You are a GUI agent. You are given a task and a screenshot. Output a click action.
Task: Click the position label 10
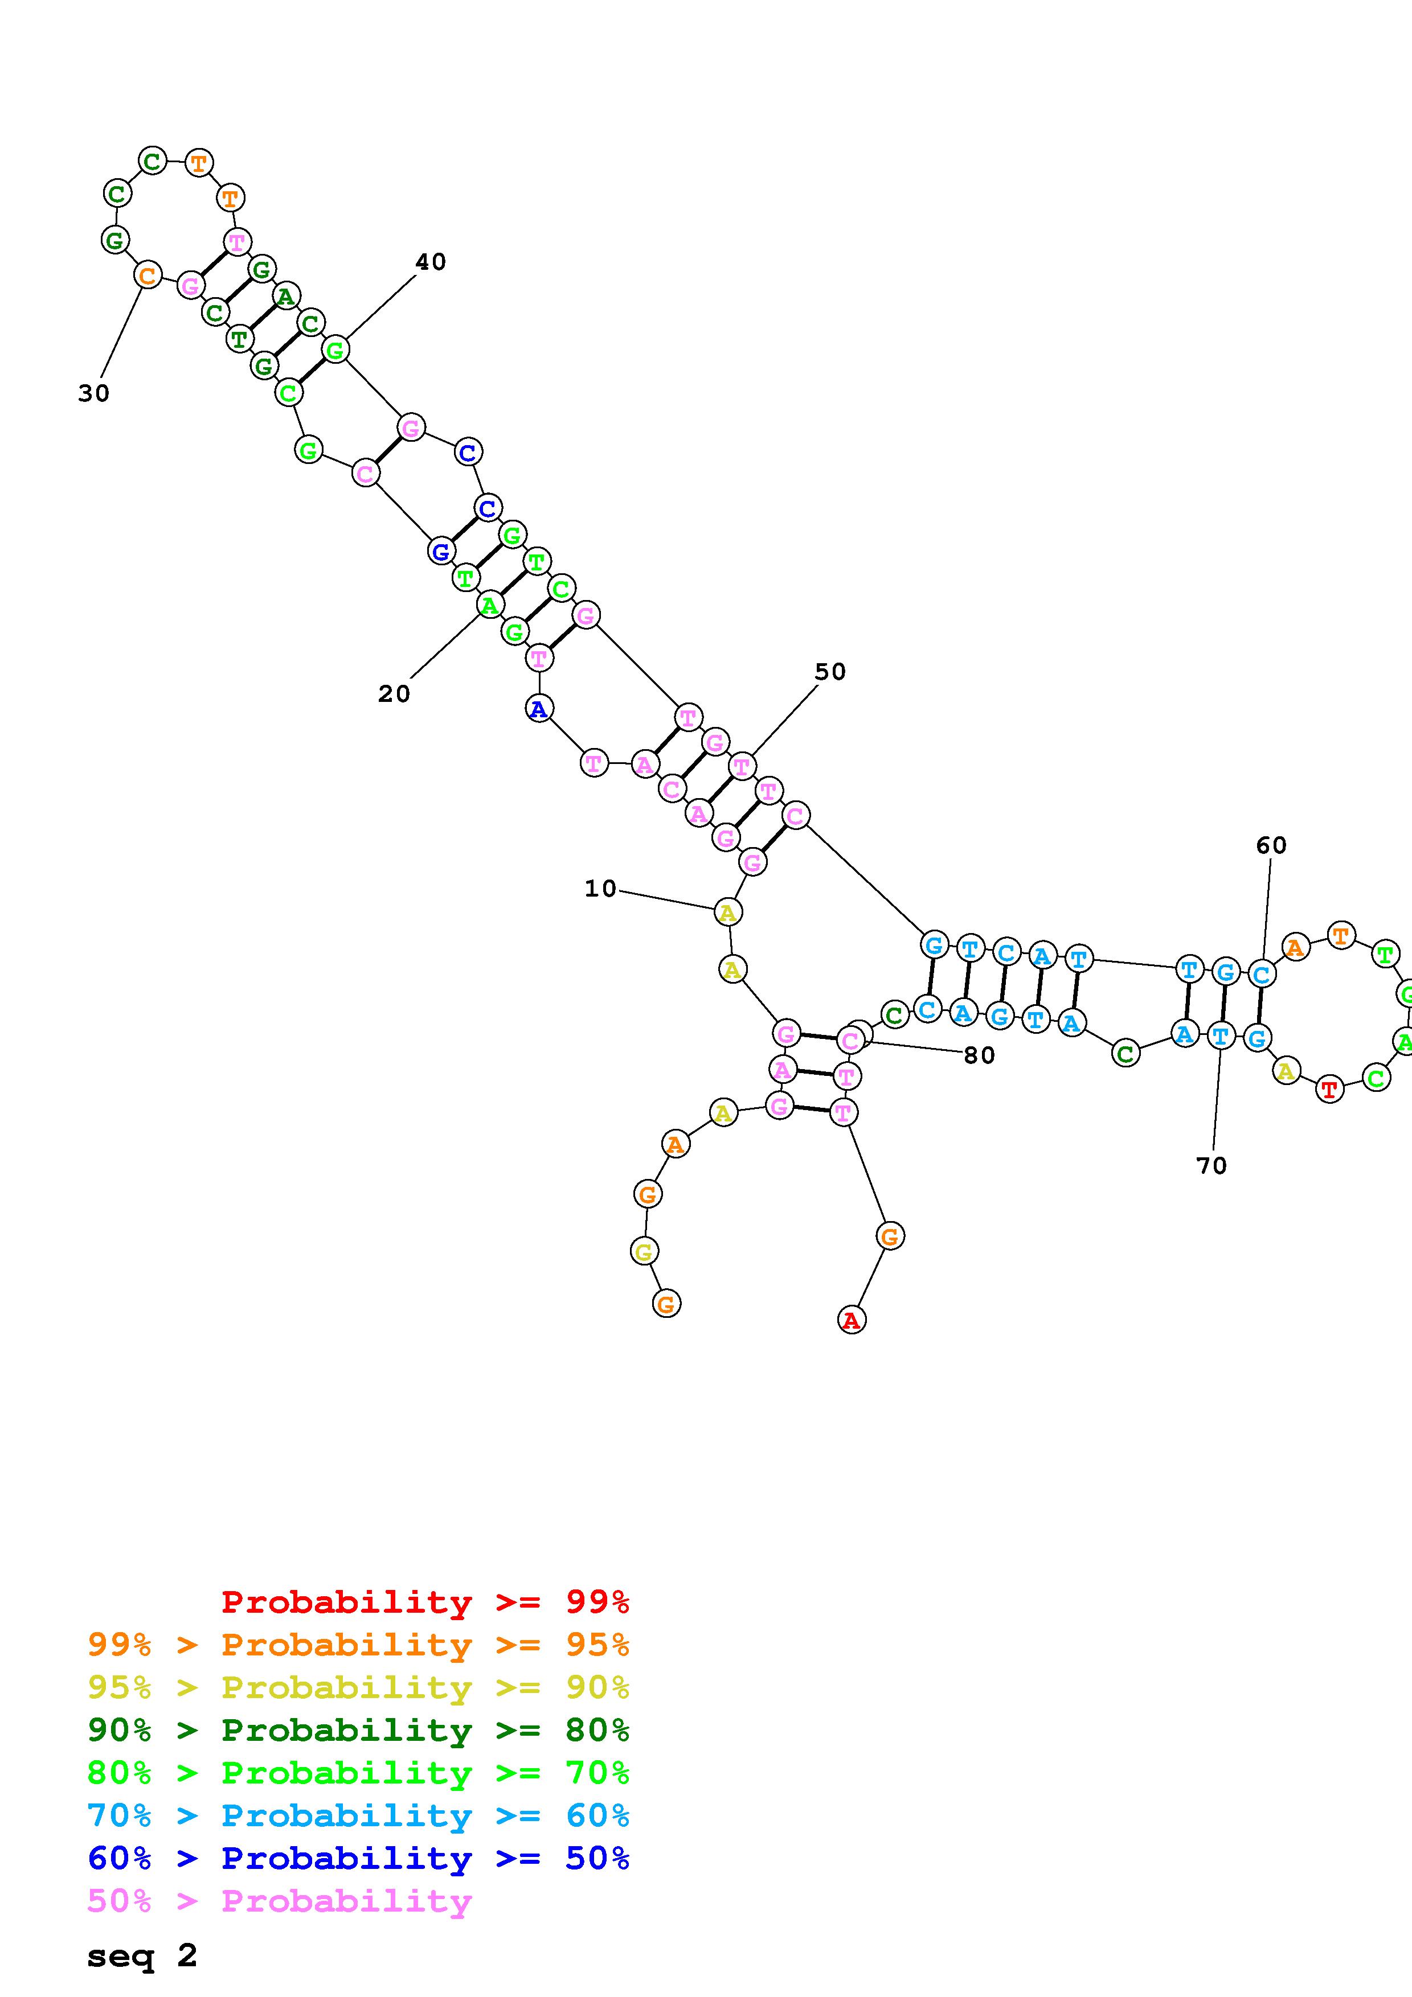pyautogui.click(x=599, y=889)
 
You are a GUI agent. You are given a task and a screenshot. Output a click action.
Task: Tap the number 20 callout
pyautogui.click(x=393, y=694)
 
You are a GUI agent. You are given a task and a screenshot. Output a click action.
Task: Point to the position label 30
pyautogui.click(x=94, y=394)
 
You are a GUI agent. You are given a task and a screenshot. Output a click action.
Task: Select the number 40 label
pyautogui.click(x=431, y=262)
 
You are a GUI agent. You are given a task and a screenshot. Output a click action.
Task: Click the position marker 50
pyautogui.click(x=830, y=672)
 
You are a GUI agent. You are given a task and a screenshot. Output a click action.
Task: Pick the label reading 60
pyautogui.click(x=1271, y=845)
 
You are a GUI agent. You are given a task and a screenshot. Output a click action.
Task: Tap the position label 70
pyautogui.click(x=1211, y=1165)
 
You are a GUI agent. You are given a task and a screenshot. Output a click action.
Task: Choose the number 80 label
pyautogui.click(x=979, y=1055)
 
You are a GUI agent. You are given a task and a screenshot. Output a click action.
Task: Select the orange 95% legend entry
pyautogui.click(x=358, y=1645)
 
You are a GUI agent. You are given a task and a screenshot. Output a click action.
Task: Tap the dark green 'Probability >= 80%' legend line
pyautogui.click(x=358, y=1730)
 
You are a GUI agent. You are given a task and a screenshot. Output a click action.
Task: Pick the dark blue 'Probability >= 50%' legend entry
pyautogui.click(x=358, y=1858)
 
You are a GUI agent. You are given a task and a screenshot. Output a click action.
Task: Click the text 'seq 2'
pyautogui.click(x=142, y=1956)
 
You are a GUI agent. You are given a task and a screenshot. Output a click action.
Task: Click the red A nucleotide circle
pyautogui.click(x=852, y=1320)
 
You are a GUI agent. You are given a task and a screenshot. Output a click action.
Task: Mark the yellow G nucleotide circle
pyautogui.click(x=644, y=1252)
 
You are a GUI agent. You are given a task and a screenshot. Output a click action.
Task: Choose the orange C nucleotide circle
pyautogui.click(x=148, y=276)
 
